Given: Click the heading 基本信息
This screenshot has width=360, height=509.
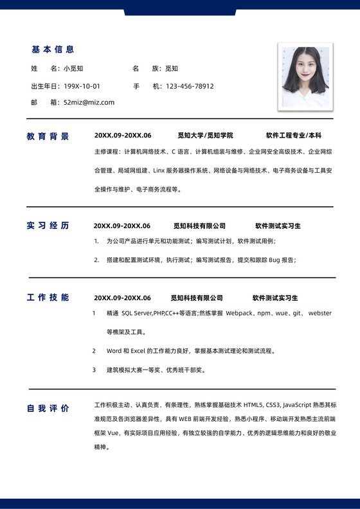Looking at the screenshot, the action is pyautogui.click(x=53, y=49).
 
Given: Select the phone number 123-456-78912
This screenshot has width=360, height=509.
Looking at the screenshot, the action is pyautogui.click(x=190, y=86).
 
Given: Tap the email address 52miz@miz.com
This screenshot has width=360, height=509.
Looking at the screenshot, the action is pyautogui.click(x=89, y=102).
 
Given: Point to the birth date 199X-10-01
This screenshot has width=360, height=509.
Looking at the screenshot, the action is pyautogui.click(x=82, y=86).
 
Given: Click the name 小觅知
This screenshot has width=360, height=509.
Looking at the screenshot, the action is pyautogui.click(x=73, y=68).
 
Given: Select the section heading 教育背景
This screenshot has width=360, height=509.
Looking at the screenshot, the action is pyautogui.click(x=48, y=136).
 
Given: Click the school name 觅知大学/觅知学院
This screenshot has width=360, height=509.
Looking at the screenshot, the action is pyautogui.click(x=205, y=136).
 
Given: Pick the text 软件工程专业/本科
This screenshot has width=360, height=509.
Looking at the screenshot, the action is pyautogui.click(x=293, y=136).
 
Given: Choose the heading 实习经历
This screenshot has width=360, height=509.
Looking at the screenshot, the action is pyautogui.click(x=48, y=226).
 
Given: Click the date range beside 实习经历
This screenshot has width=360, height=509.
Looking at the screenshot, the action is pyautogui.click(x=122, y=226).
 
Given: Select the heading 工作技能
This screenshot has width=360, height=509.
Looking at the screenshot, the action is pyautogui.click(x=48, y=298).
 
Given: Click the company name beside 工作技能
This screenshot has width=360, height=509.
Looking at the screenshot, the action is pyautogui.click(x=196, y=298).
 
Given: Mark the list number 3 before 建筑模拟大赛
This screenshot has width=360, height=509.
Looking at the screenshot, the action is pyautogui.click(x=93, y=370).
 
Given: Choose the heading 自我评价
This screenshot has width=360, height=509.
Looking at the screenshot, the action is pyautogui.click(x=48, y=408).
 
